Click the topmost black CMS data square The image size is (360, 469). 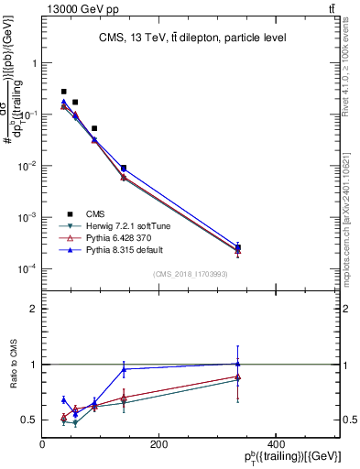tap(63, 92)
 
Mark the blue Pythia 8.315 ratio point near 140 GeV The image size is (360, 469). tap(124, 369)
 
